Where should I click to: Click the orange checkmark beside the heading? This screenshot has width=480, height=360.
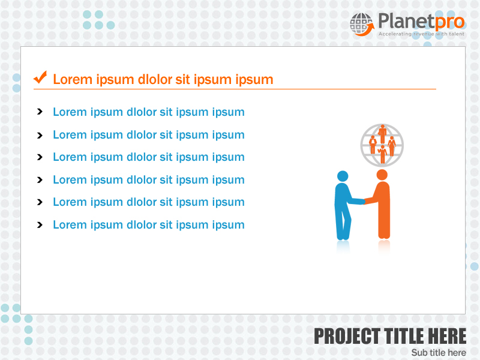pyautogui.click(x=40, y=77)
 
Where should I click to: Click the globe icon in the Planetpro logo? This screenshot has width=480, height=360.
pyautogui.click(x=361, y=24)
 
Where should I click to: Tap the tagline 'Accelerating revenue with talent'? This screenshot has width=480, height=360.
pyautogui.click(x=421, y=34)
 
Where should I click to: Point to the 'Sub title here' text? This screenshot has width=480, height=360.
pyautogui.click(x=439, y=352)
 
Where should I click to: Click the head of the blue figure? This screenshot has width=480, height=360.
pyautogui.click(x=343, y=176)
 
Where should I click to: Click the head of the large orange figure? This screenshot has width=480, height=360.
pyautogui.click(x=382, y=174)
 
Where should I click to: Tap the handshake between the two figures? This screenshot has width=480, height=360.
pyautogui.click(x=363, y=202)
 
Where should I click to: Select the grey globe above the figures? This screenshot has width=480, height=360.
pyautogui.click(x=382, y=145)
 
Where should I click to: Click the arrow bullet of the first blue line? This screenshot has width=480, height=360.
pyautogui.click(x=40, y=112)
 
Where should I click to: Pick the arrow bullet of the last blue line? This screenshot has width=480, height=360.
pyautogui.click(x=40, y=225)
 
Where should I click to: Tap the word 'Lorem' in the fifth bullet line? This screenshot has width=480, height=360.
pyautogui.click(x=70, y=202)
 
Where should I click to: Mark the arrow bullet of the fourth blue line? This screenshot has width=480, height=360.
pyautogui.click(x=40, y=179)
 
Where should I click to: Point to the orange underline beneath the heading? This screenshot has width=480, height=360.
pyautogui.click(x=234, y=89)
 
